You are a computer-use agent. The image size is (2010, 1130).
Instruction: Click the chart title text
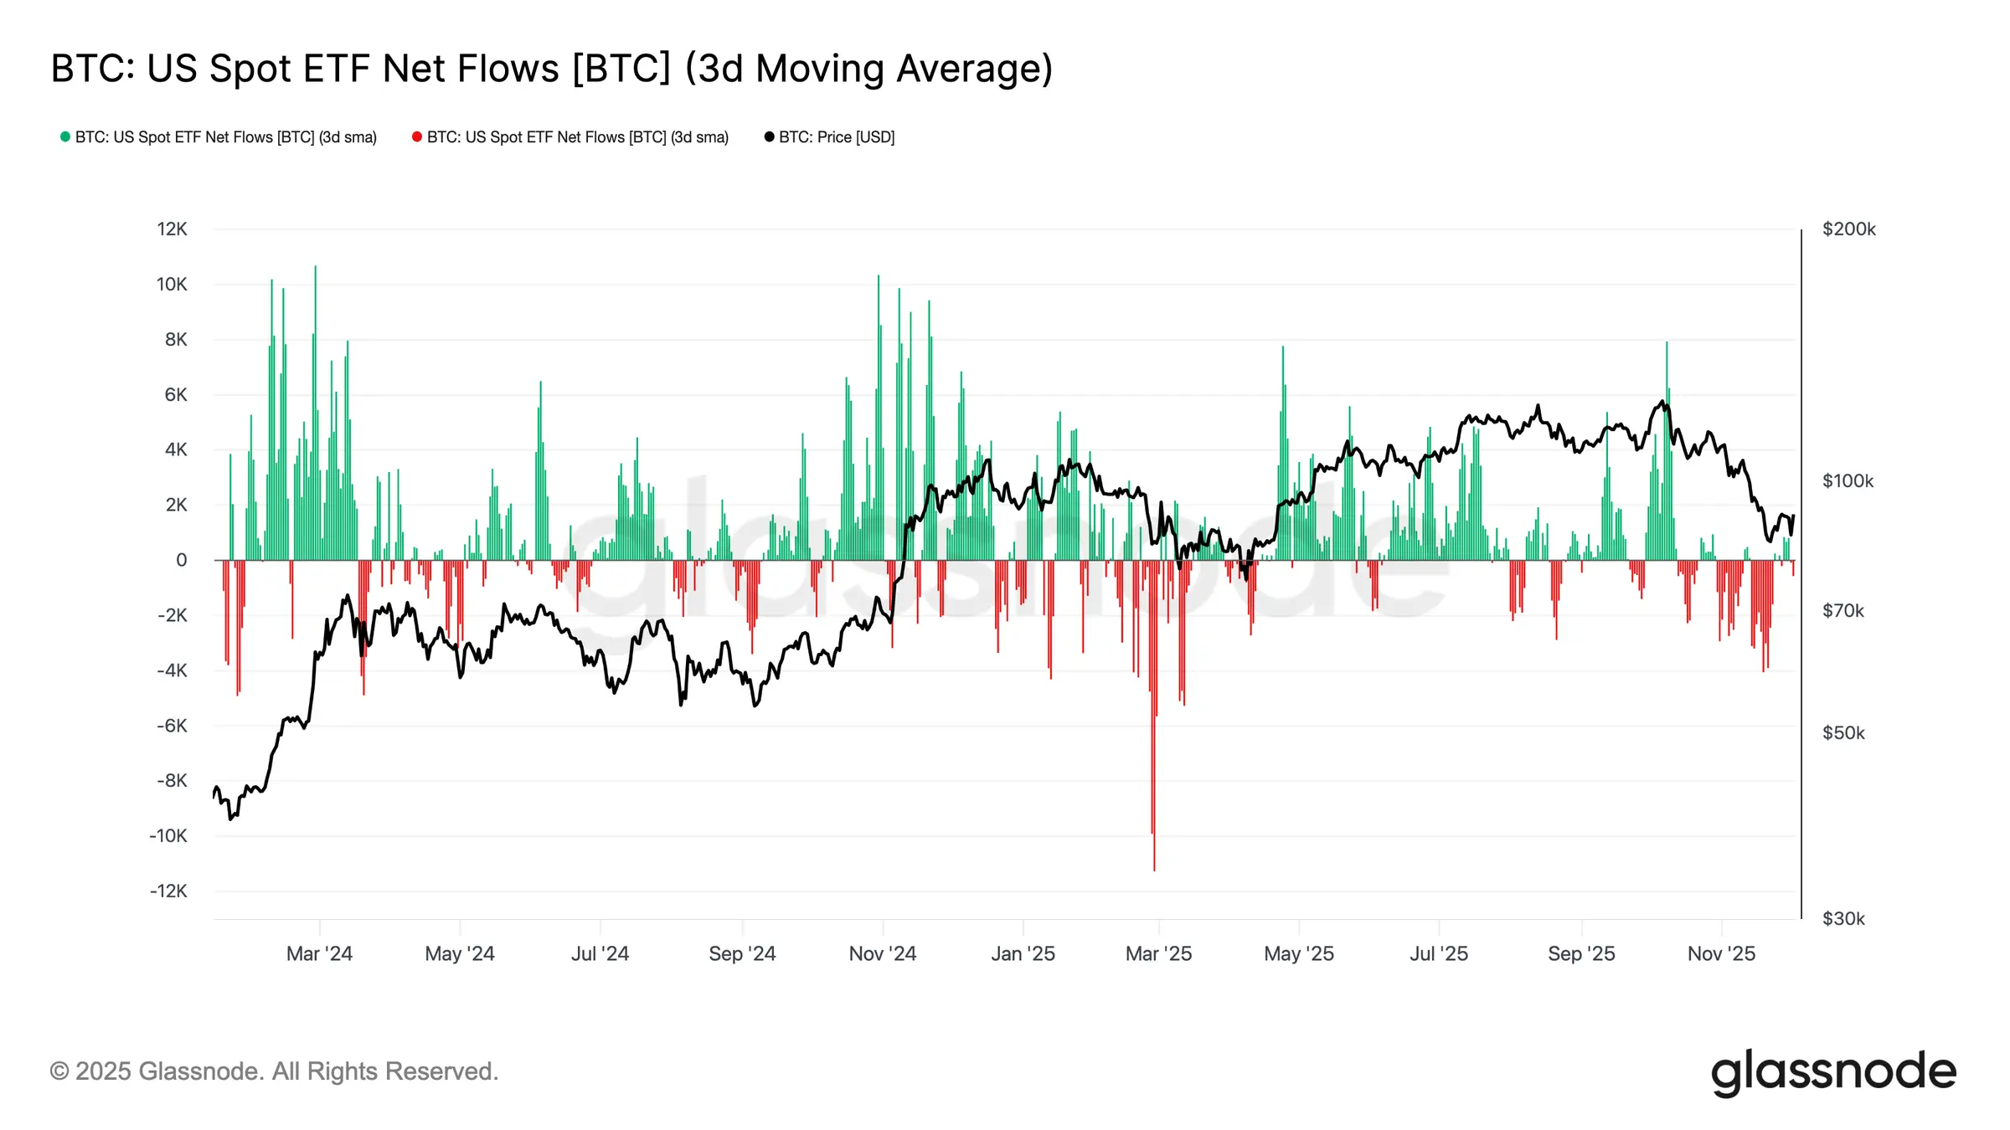(551, 69)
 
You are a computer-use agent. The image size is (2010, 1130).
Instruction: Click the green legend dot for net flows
(65, 136)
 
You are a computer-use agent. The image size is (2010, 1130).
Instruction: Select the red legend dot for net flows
(417, 136)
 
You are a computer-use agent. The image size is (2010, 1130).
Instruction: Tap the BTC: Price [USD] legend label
(836, 137)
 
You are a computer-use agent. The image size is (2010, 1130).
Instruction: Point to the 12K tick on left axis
(172, 229)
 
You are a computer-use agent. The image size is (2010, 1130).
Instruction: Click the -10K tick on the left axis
(168, 835)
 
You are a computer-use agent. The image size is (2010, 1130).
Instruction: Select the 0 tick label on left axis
(181, 560)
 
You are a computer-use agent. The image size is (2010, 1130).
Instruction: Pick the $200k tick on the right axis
(1848, 229)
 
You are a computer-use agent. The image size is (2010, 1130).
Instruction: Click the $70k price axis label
(1842, 611)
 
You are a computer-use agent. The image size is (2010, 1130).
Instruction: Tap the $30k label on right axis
(1843, 918)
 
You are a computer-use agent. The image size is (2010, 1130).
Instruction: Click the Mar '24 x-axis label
(319, 953)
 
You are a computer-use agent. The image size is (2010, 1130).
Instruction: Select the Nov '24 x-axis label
(882, 953)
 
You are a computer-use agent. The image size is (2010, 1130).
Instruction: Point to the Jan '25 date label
(1023, 953)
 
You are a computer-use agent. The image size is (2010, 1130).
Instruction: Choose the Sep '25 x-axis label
(1581, 953)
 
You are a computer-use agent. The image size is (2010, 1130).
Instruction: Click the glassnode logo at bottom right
(1833, 1072)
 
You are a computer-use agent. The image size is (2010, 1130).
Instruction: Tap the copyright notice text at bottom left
(274, 1071)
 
